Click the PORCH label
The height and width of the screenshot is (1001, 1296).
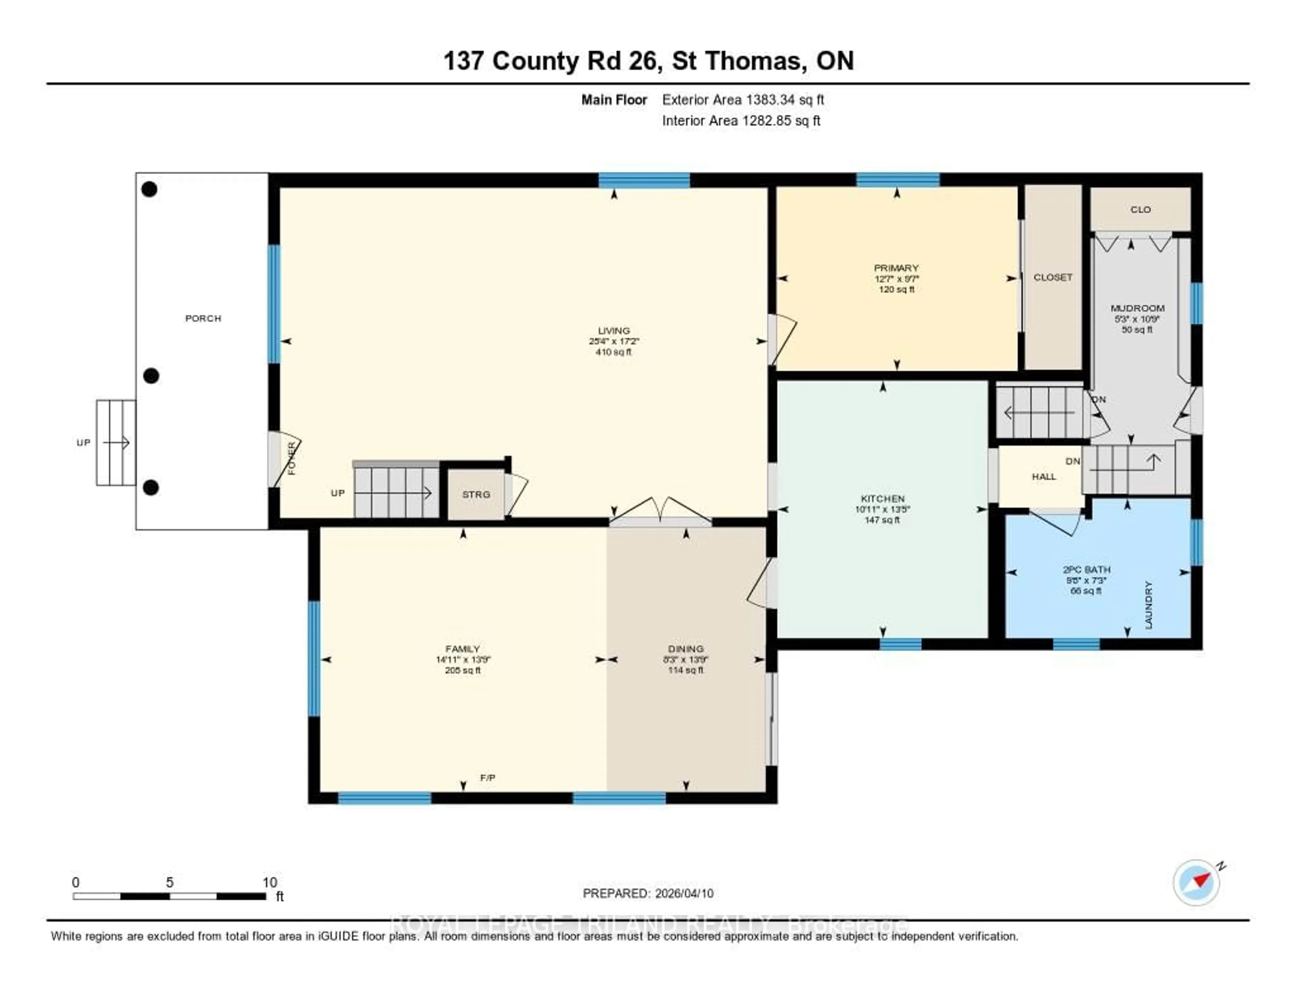click(x=203, y=319)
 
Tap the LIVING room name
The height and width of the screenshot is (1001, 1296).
click(x=614, y=330)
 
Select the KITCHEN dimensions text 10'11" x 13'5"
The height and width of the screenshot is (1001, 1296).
click(x=883, y=509)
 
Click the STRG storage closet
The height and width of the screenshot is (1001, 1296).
click(x=476, y=494)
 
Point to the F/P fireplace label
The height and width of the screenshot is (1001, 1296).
click(x=487, y=777)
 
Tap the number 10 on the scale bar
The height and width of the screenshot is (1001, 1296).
click(x=270, y=882)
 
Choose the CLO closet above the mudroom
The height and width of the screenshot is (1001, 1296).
click(x=1140, y=210)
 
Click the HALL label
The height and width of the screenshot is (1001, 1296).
click(x=1044, y=477)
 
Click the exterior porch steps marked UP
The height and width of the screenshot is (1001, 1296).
click(x=116, y=443)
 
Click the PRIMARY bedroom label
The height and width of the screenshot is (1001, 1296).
click(x=896, y=268)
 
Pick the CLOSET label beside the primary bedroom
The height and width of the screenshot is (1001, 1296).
click(x=1053, y=277)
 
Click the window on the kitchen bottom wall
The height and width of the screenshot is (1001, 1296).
click(x=900, y=644)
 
